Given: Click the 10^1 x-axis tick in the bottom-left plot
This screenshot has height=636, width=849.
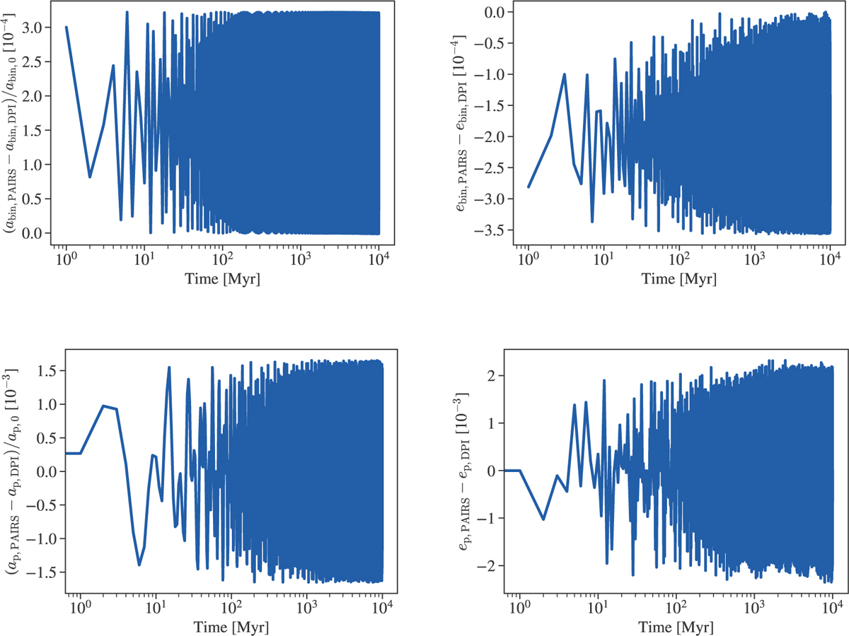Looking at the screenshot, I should click(155, 607).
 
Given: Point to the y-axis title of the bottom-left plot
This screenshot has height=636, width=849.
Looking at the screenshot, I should click(15, 471).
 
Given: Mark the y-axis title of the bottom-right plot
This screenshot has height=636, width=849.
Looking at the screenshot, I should click(468, 471).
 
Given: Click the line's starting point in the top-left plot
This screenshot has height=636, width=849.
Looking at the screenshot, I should click(66, 28).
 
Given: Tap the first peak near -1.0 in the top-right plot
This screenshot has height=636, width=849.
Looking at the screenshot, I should click(565, 74).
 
